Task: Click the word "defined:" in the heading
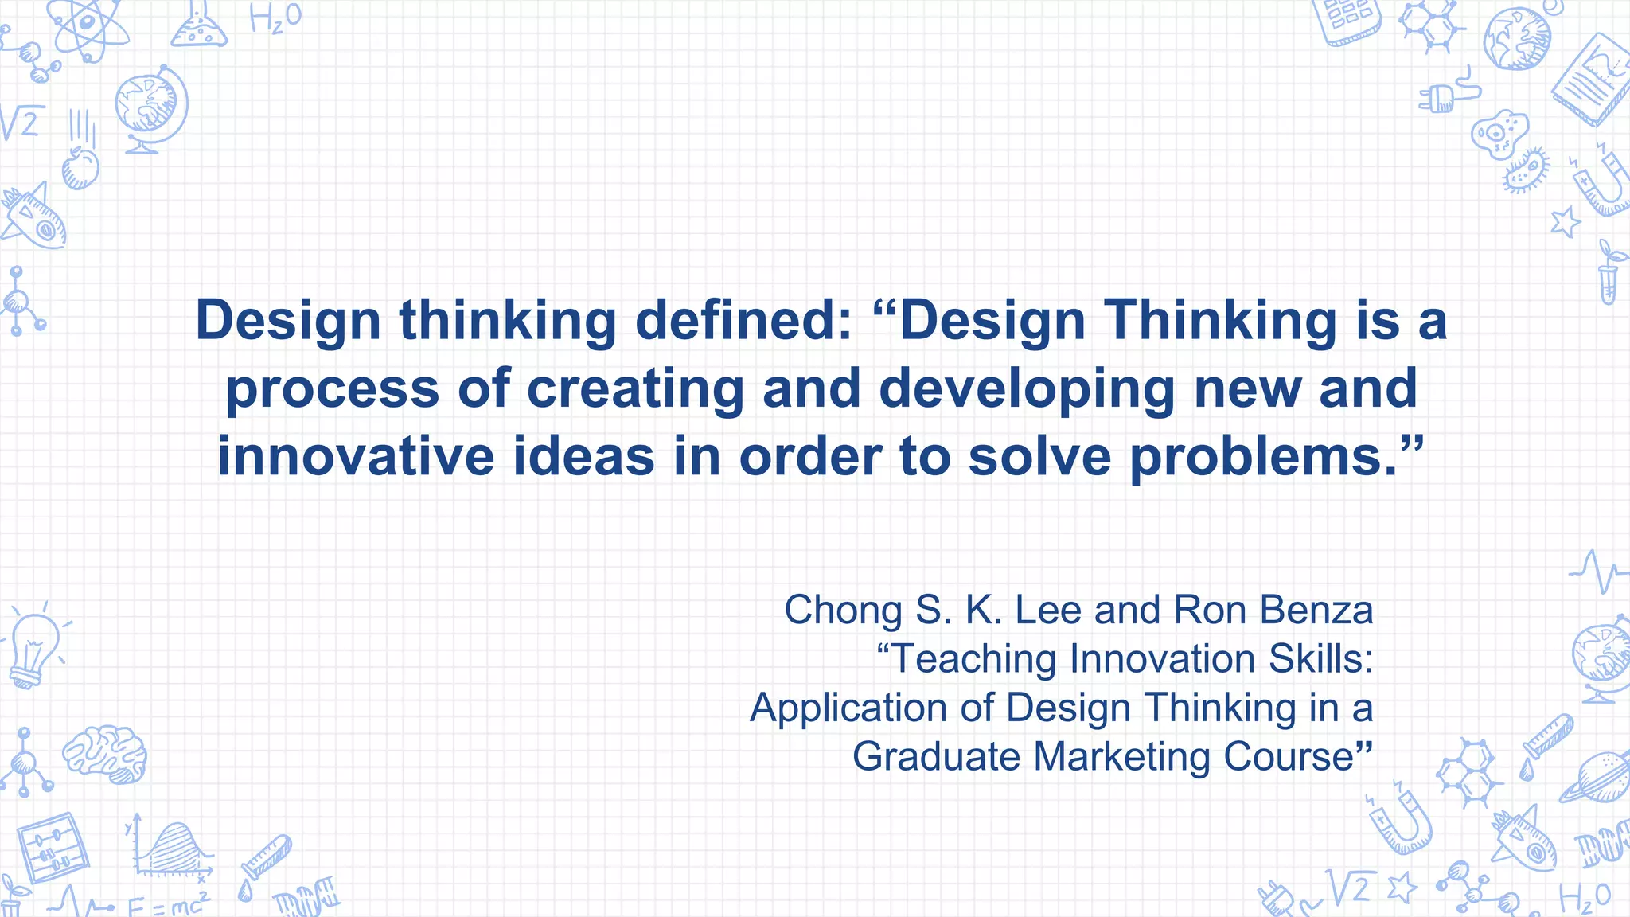tap(743, 320)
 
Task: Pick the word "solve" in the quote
tap(1039, 457)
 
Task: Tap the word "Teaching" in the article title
tap(977, 659)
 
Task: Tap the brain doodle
tap(106, 754)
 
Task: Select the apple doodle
tap(80, 168)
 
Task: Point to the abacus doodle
tap(53, 847)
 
